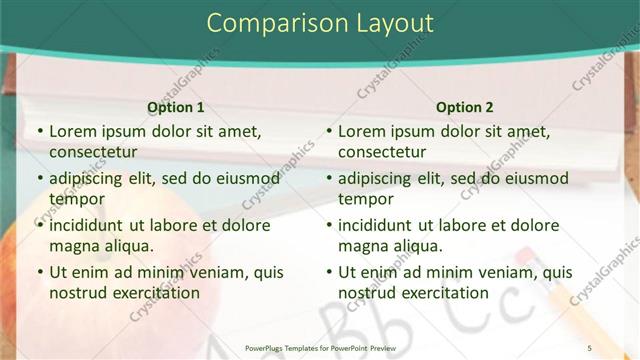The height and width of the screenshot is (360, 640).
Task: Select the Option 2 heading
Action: click(x=464, y=106)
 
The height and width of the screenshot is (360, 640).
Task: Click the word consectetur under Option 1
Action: click(x=93, y=152)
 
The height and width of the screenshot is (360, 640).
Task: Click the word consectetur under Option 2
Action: click(x=382, y=152)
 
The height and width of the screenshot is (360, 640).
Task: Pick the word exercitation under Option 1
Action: click(x=154, y=293)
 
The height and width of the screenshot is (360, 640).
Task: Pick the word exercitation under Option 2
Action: click(x=443, y=293)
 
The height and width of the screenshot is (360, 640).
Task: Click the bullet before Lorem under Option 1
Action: click(x=39, y=131)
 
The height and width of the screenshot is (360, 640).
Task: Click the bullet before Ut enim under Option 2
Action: click(x=328, y=272)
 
